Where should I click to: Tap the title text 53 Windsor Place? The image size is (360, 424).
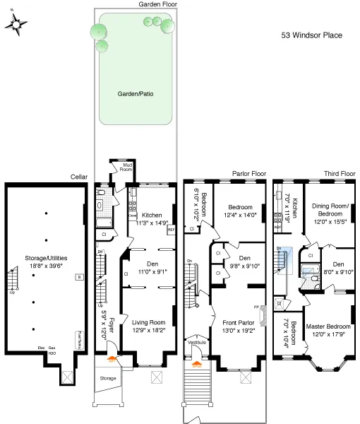[x=312, y=33]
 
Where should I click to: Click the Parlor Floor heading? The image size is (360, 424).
[x=248, y=172]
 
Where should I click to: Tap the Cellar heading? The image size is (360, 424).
[x=78, y=177]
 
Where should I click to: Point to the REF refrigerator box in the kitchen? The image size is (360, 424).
[x=170, y=230]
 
